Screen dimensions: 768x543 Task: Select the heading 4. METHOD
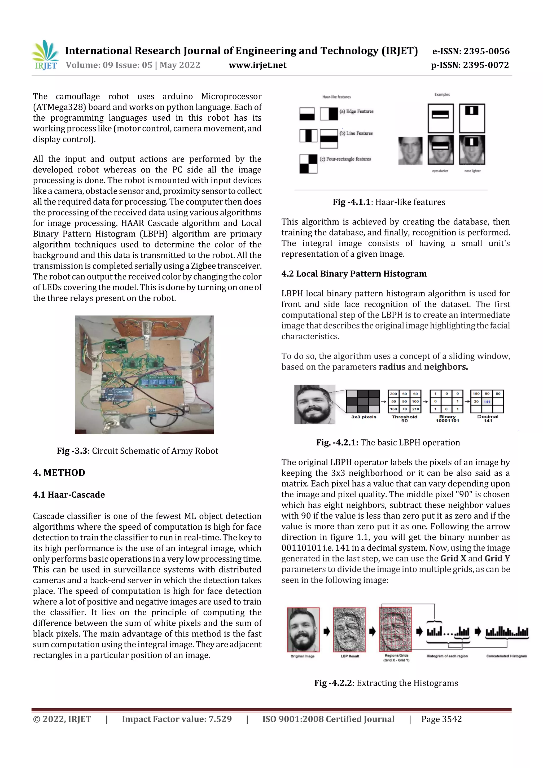(59, 473)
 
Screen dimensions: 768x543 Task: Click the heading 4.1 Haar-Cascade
(69, 494)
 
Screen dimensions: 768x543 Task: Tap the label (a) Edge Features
(356, 111)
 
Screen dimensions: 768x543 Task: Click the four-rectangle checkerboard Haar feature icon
(308, 164)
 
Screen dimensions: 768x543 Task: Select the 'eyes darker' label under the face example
(440, 171)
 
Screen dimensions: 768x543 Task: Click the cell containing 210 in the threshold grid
(415, 409)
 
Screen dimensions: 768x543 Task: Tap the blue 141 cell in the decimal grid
(487, 401)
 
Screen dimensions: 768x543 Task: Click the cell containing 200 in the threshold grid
(393, 394)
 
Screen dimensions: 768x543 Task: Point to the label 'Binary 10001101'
(447, 418)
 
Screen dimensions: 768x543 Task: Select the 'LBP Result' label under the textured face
(350, 656)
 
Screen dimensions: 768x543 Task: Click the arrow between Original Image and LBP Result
(327, 631)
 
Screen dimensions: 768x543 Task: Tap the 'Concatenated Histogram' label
(506, 656)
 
